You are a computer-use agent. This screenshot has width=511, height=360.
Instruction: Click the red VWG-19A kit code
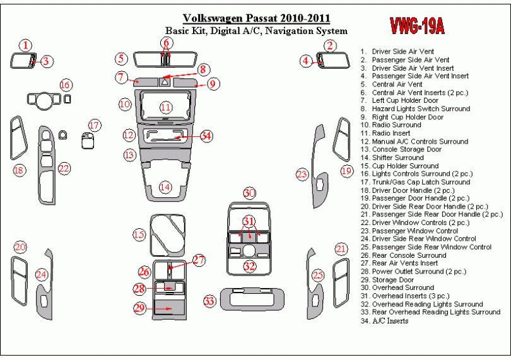tap(416, 26)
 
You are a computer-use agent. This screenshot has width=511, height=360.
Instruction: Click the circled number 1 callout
tap(25, 45)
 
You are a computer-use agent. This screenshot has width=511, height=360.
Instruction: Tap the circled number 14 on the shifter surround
tap(165, 187)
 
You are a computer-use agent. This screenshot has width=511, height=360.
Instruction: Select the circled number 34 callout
tap(206, 136)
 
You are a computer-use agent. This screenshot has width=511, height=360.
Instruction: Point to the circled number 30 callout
tap(250, 193)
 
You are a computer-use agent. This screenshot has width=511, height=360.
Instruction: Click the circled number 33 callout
tap(209, 302)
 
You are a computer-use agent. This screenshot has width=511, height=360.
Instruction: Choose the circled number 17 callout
tap(94, 125)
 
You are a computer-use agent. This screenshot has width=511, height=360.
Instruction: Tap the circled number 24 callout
tap(41, 274)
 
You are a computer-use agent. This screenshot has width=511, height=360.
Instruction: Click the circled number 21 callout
tap(341, 250)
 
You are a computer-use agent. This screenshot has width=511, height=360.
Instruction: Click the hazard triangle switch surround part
tap(165, 81)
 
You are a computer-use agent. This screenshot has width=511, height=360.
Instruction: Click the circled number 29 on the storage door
tap(140, 308)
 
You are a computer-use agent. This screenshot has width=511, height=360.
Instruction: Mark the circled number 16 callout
tap(66, 85)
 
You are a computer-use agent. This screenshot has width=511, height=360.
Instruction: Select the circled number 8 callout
tap(203, 69)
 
